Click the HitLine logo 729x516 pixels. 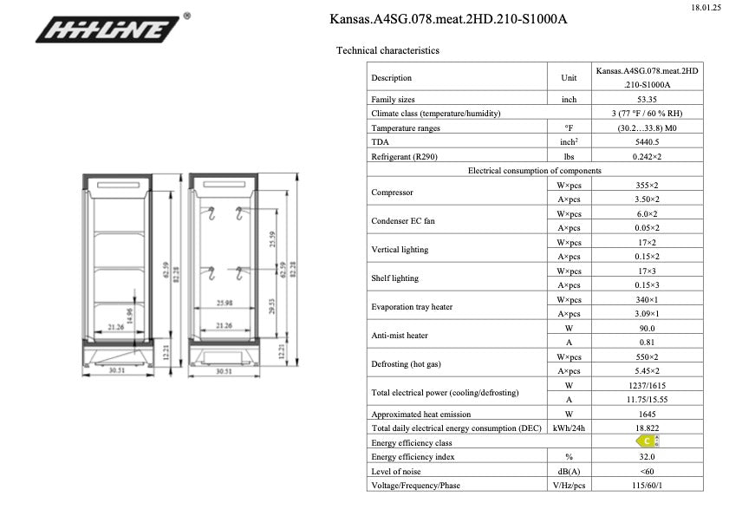pos(112,30)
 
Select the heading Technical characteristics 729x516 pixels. pos(387,50)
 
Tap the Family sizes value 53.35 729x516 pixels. pos(646,100)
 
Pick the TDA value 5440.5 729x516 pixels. pos(646,141)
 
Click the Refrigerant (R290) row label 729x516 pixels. pos(407,156)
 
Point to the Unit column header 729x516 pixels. pos(569,78)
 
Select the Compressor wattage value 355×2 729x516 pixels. pos(646,185)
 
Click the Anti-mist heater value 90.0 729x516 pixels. pos(646,328)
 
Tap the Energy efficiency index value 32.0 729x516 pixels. pos(646,456)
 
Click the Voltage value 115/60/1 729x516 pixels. pos(646,486)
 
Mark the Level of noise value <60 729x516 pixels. pos(646,471)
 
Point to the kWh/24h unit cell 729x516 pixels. pos(569,428)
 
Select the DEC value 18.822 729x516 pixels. pos(646,428)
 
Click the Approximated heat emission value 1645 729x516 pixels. pos(646,414)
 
